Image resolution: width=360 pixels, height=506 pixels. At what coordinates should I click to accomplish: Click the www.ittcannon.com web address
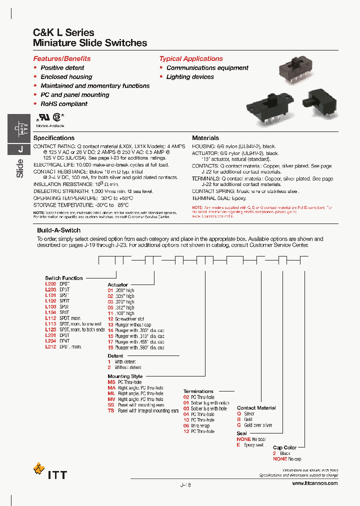[x=314, y=483]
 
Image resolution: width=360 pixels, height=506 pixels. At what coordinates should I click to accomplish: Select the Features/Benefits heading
[x=62, y=58]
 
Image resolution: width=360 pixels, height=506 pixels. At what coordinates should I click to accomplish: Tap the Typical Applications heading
[x=191, y=58]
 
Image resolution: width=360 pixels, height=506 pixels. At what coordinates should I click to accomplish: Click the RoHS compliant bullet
[x=63, y=104]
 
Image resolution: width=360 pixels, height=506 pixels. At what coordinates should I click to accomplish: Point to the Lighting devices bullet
[x=190, y=77]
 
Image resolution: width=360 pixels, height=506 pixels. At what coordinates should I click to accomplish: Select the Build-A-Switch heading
[x=58, y=230]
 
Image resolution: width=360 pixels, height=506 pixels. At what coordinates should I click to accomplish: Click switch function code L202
[x=50, y=283]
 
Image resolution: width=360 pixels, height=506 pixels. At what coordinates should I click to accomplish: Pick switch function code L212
[x=50, y=347]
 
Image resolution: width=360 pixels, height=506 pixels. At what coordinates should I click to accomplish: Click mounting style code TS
[x=111, y=411]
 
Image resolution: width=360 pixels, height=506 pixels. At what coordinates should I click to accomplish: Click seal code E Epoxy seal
[x=238, y=445]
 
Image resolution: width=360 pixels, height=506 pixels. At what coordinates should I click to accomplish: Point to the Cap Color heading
[x=284, y=447]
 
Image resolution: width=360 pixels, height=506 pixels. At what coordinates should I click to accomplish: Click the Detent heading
[x=115, y=356]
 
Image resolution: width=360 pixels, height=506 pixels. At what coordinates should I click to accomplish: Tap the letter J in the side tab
[x=20, y=149]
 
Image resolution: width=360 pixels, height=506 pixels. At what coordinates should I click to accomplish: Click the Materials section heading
[x=205, y=138]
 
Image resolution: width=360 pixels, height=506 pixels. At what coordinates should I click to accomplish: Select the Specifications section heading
[x=53, y=138]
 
